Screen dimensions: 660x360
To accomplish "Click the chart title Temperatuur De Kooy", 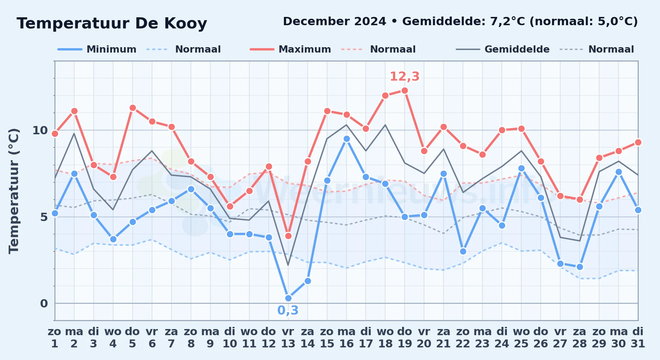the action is point(112,23).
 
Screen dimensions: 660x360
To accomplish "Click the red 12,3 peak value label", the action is point(405,76).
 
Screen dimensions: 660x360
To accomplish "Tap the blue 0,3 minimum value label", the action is point(288,310).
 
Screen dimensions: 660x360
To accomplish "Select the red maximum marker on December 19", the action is point(405,90).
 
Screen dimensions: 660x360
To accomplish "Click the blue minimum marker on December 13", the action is point(288,298).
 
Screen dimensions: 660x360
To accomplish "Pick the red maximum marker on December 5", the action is point(133,108).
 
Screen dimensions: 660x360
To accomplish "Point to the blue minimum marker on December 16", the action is point(347,139).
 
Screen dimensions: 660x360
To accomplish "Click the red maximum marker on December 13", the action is point(288,236).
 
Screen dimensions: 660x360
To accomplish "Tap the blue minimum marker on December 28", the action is point(580,267).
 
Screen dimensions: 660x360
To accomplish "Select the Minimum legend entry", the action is point(97,49).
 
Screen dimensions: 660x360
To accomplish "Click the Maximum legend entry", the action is point(290,49).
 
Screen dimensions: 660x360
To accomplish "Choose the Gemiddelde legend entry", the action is point(503,49).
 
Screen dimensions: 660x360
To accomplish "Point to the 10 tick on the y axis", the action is point(40,130).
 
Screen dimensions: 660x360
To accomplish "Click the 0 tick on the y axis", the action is point(44,303).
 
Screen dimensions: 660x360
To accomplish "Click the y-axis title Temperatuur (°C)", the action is point(14,191).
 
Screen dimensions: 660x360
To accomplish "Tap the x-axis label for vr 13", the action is point(288,338).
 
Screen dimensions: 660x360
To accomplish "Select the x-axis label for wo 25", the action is point(521,338).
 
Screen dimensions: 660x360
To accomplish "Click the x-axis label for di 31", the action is point(638,338).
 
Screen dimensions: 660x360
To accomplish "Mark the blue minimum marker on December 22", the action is point(463,251).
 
